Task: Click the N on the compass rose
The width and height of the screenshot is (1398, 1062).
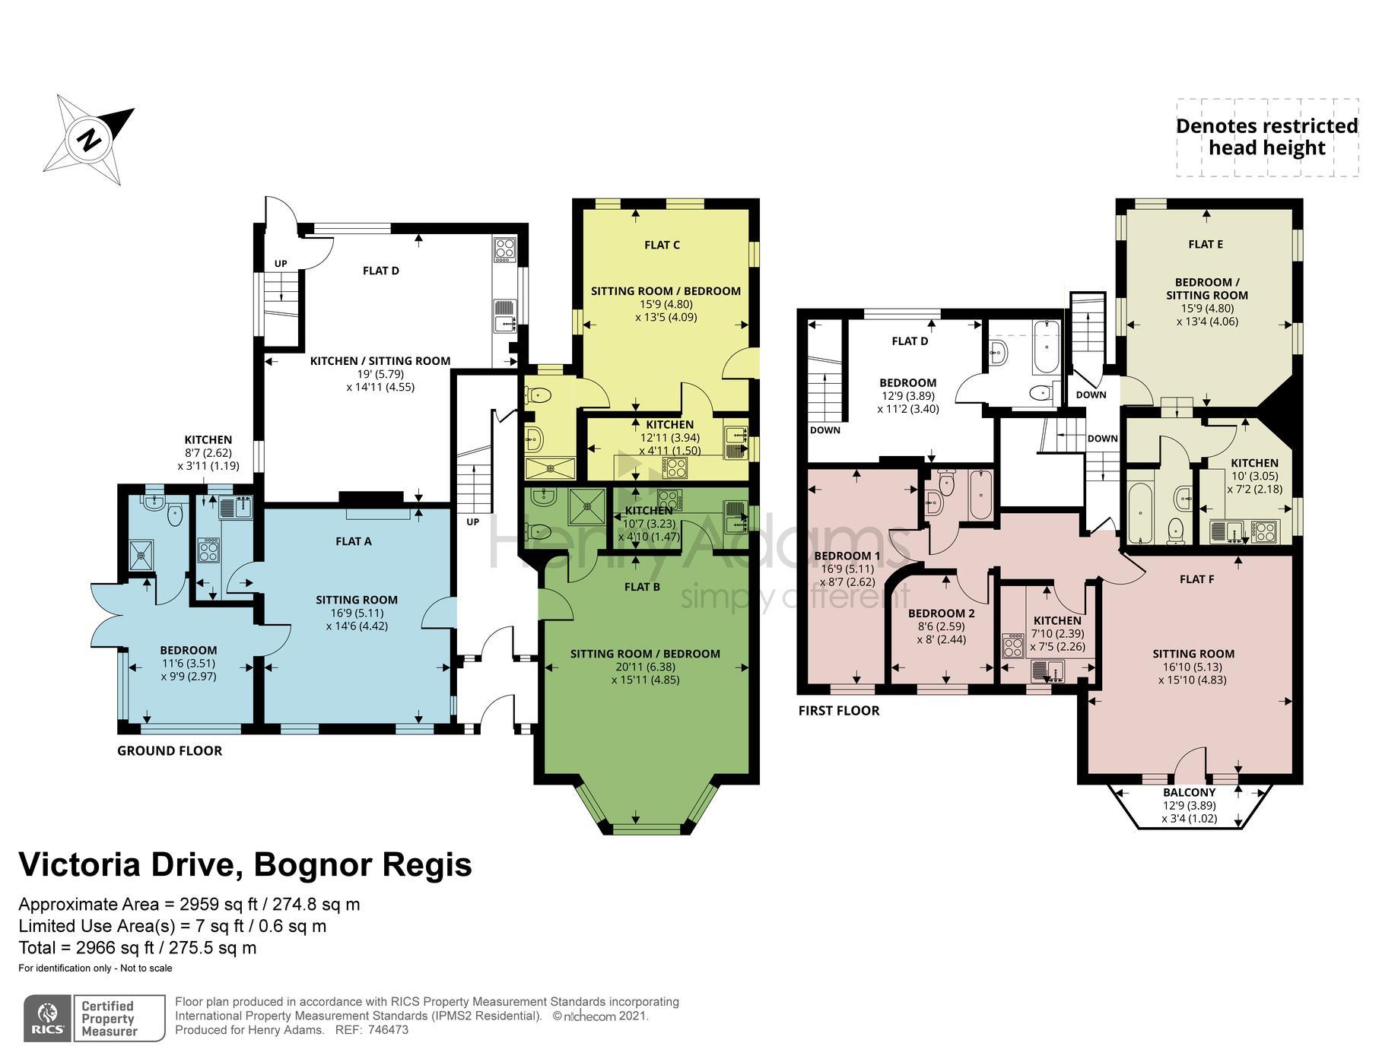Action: [90, 141]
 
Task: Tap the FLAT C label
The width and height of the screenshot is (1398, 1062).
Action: [662, 245]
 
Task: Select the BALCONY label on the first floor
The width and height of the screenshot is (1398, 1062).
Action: [1189, 792]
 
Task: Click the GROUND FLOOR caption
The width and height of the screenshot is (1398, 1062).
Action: [170, 750]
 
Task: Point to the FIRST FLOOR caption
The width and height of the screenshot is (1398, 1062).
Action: [838, 710]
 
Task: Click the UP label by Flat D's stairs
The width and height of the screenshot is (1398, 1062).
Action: [281, 264]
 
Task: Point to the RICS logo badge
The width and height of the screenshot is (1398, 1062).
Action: [47, 1018]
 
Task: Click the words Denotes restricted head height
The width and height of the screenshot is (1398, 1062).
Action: [1266, 137]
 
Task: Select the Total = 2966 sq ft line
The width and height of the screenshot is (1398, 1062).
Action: [138, 948]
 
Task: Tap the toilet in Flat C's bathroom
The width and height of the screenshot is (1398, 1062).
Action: [539, 395]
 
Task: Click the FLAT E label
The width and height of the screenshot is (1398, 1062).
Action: [1206, 244]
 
